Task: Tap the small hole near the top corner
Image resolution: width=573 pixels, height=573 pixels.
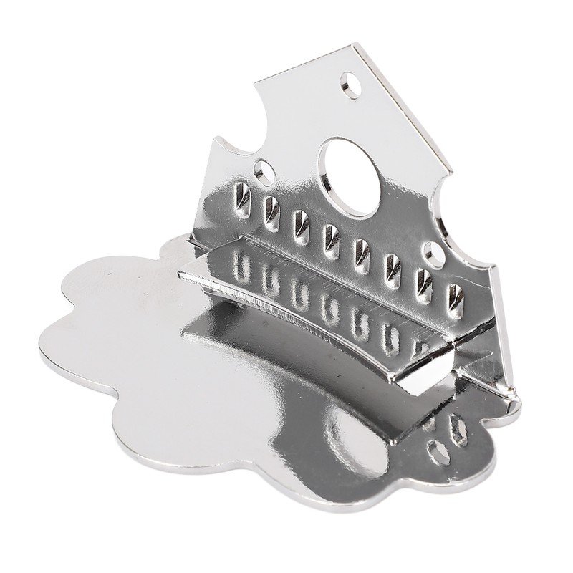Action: [351, 85]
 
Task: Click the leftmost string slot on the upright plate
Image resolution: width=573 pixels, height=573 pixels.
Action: [243, 200]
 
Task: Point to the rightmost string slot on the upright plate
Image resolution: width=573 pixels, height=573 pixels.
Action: [456, 301]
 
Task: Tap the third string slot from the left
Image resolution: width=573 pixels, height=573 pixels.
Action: [301, 226]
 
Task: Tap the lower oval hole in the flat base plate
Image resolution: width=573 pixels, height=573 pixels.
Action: [438, 453]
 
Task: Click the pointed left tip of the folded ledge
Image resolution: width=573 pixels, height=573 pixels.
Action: [181, 276]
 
